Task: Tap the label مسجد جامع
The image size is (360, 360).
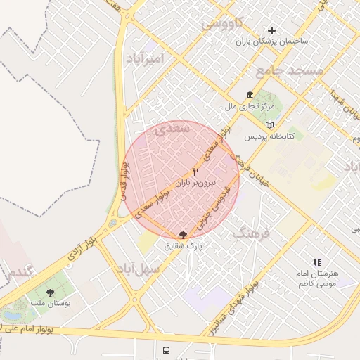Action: point(289,70)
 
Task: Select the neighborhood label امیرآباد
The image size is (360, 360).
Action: point(144,58)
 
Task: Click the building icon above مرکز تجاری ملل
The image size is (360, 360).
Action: point(250,95)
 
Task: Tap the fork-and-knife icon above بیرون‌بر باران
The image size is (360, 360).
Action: point(196,171)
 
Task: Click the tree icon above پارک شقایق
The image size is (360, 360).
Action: point(184,234)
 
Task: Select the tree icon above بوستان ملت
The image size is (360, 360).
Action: point(50,292)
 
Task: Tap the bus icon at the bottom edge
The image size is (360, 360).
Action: point(166,350)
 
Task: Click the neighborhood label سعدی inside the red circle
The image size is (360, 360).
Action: point(171,131)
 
